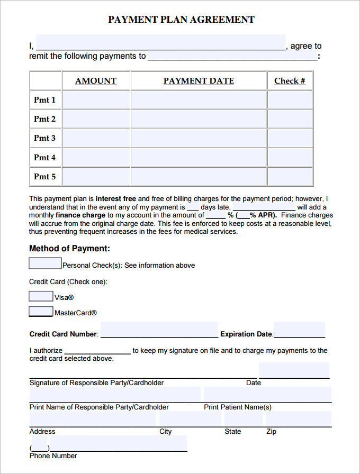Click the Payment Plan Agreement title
181,20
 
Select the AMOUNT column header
96,81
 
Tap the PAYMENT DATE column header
199,81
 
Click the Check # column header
290,81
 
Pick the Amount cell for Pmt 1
96,100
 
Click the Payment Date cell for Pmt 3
199,138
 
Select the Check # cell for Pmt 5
290,177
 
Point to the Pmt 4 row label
45,158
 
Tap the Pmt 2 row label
45,119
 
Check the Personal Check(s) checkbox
45,263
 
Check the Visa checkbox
41,296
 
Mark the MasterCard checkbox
41,312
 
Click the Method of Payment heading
69,249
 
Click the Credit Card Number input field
159,330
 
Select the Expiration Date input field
299,330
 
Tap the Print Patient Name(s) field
267,395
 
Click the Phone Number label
53,456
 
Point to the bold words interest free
115,199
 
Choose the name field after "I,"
160,43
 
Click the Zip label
271,432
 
